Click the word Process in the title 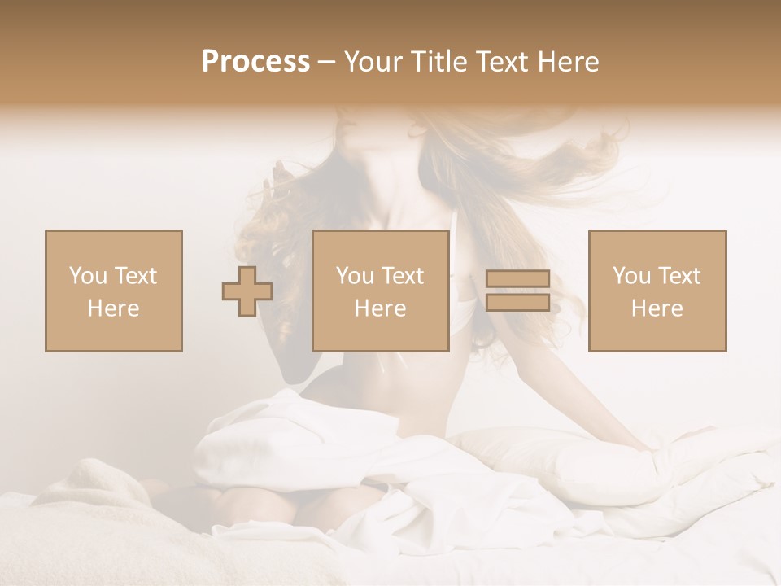255,62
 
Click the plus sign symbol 247,291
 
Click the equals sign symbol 518,291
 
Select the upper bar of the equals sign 518,279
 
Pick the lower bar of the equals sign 518,302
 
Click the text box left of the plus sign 113,291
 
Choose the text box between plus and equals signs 380,291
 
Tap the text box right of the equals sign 657,291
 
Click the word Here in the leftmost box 113,308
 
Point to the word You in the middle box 355,276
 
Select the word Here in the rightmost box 657,308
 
